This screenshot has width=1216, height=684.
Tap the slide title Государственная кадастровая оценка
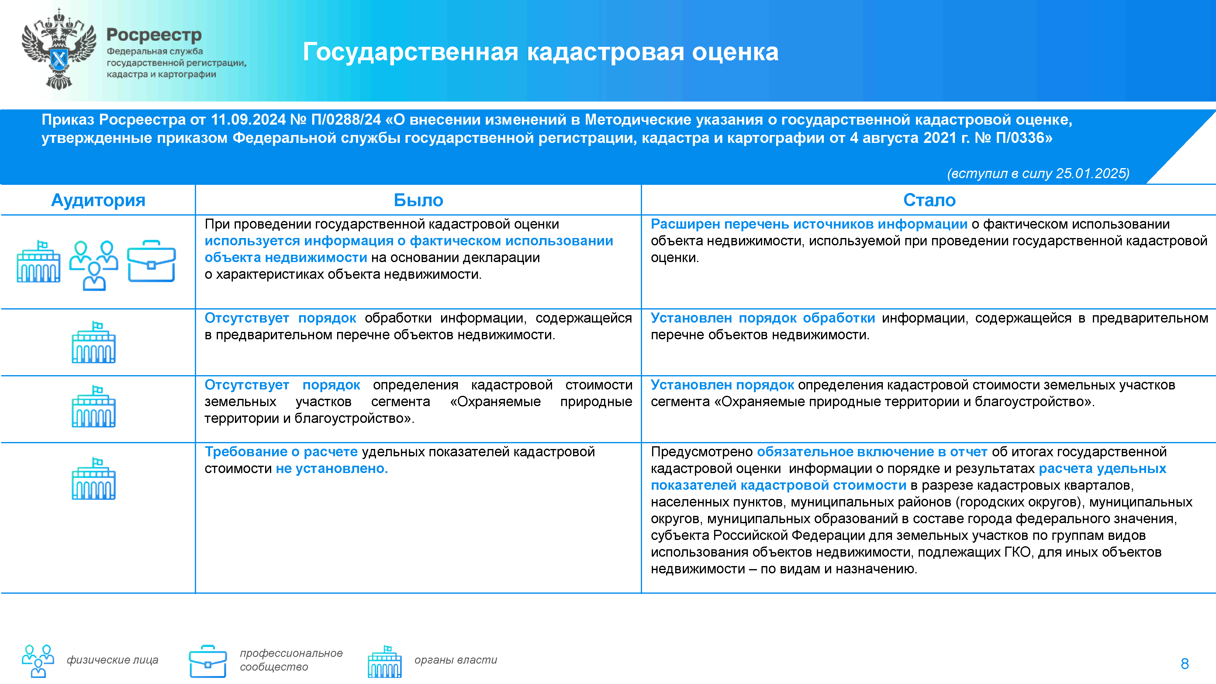[541, 52]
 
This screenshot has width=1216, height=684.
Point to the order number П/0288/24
[346, 120]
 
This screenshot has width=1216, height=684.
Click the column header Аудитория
[98, 200]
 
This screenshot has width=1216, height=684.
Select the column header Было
[418, 200]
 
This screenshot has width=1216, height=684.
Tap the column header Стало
[929, 200]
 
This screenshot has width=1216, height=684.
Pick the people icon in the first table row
[94, 265]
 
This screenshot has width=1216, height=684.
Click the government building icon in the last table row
[93, 479]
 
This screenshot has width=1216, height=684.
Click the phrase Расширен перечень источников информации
[809, 224]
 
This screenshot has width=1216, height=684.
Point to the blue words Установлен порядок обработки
[762, 318]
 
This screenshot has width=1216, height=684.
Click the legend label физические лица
[112, 660]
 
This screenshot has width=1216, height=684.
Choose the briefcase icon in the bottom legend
[208, 661]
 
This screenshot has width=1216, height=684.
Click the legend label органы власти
[455, 660]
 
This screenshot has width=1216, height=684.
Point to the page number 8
[1184, 664]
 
